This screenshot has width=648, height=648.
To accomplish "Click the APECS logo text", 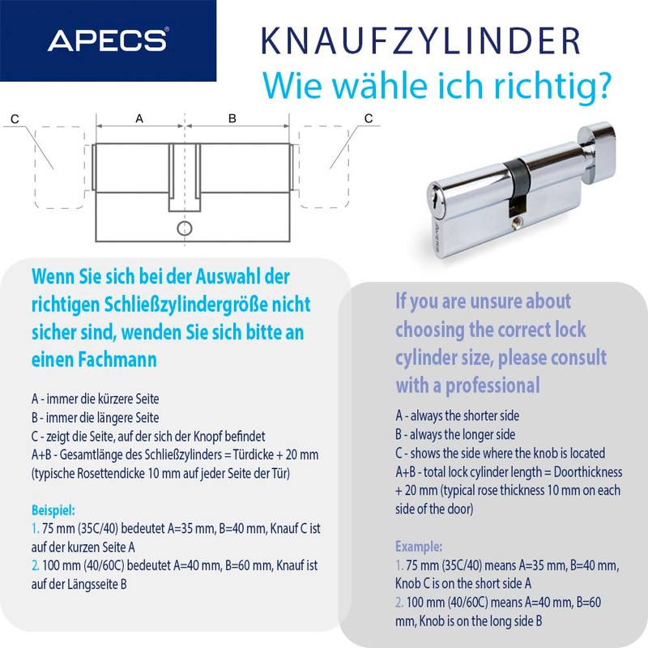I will click(x=108, y=40).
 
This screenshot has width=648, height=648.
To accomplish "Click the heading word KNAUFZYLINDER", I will click(x=420, y=40).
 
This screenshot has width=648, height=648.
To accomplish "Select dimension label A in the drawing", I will click(x=139, y=118).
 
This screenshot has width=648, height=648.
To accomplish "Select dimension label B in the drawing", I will click(x=232, y=118).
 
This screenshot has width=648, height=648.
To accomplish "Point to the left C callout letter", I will click(x=15, y=119).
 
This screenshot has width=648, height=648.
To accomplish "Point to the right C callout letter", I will click(x=368, y=119).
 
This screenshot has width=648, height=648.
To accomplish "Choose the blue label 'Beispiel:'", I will click(x=53, y=511).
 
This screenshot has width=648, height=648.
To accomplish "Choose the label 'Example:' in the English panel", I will click(x=419, y=546).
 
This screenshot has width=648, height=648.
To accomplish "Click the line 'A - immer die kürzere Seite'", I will click(x=95, y=399).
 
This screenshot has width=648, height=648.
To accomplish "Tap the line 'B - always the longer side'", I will click(x=455, y=434).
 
